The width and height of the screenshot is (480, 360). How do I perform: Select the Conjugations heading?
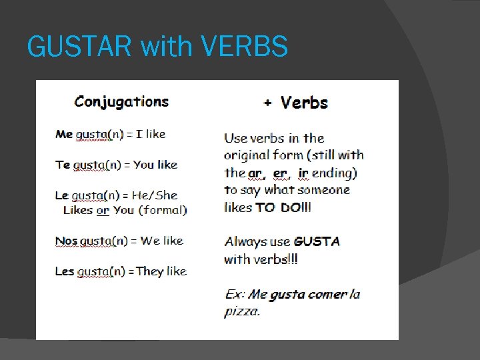coord(121,102)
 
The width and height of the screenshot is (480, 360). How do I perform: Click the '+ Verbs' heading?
coord(296,103)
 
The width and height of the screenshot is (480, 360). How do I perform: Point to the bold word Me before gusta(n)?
coord(64,134)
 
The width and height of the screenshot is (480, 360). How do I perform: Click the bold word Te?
coord(63,165)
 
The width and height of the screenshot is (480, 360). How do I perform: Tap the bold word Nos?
coord(66,241)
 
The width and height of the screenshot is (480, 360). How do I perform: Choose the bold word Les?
coord(65,271)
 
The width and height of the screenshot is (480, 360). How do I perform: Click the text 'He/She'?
coord(155,195)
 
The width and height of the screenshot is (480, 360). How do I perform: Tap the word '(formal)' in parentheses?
coord(163,210)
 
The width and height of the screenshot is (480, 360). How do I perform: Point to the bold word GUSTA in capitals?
coord(316,241)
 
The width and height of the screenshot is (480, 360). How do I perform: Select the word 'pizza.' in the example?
coord(242,311)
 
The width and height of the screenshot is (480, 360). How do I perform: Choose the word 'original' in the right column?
coord(249,155)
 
